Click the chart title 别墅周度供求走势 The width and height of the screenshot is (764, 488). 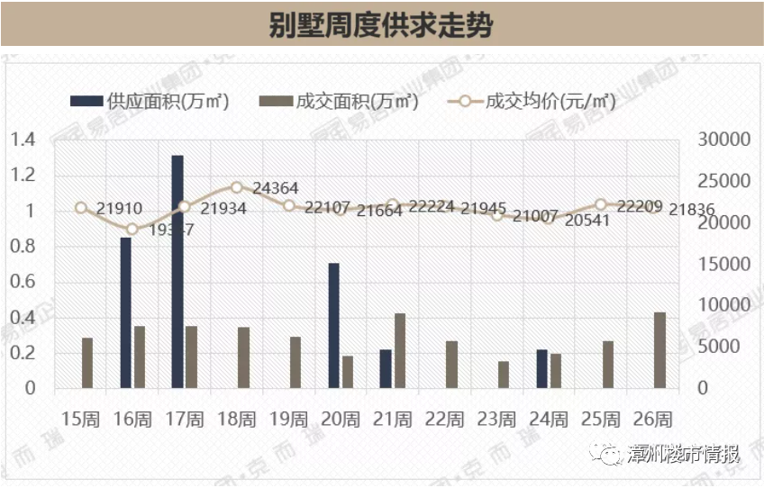381,24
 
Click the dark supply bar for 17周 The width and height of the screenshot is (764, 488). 177,272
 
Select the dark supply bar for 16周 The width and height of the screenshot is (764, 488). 126,312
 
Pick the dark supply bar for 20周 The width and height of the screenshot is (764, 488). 333,326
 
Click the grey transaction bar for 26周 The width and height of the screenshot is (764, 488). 659,350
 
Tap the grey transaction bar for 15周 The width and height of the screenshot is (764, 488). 87,363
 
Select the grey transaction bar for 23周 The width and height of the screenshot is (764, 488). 504,375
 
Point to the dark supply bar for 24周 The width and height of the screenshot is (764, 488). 541,369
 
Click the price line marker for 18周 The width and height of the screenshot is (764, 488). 237,187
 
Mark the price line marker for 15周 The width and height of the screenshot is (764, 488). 81,208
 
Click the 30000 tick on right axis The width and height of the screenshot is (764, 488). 723,140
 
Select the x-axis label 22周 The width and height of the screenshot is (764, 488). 444,419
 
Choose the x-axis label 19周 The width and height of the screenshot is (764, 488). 288,419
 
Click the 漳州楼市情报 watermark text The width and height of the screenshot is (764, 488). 684,453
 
